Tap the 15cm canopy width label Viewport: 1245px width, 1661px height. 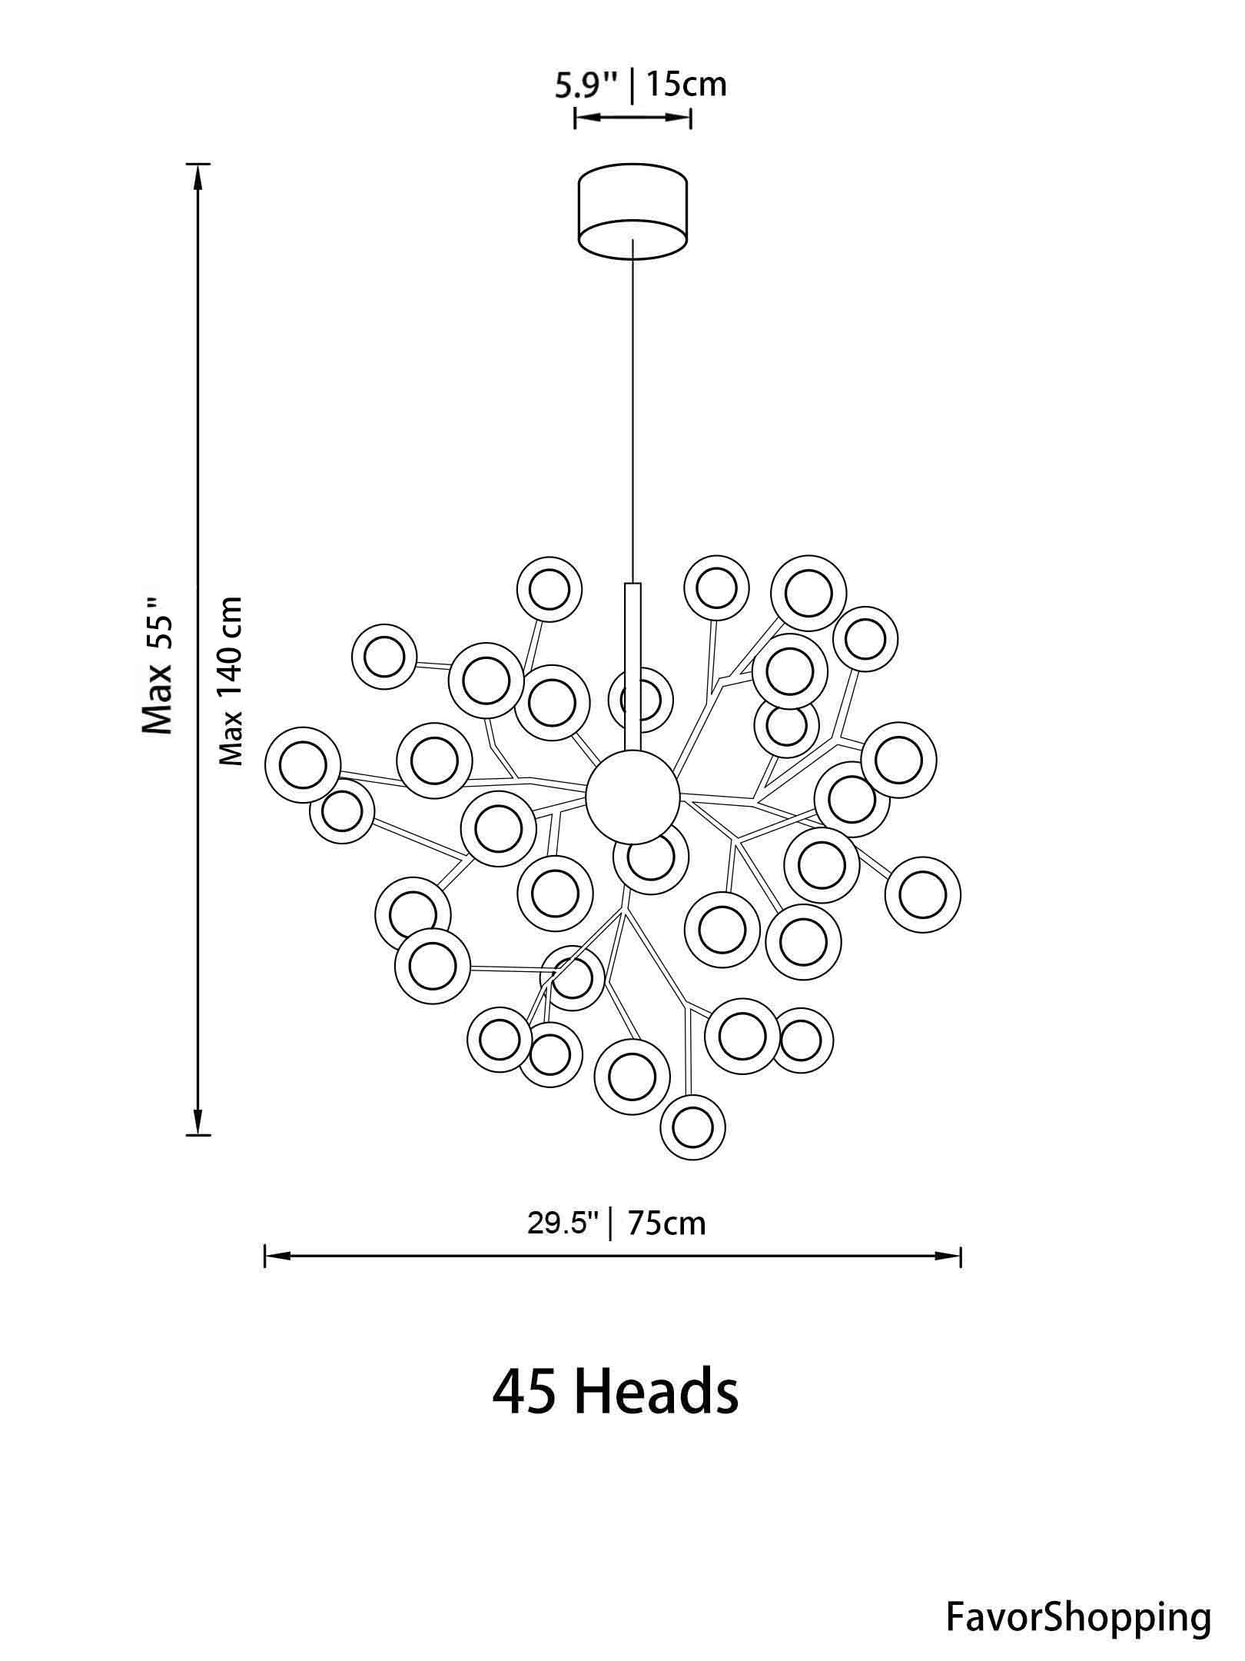[x=686, y=84]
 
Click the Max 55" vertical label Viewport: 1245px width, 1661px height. [x=159, y=666]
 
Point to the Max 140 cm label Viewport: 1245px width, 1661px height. [x=231, y=681]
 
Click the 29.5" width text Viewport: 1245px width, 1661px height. [x=563, y=1223]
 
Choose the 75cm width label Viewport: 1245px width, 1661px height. [x=666, y=1223]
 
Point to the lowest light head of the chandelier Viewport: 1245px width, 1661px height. [x=692, y=1127]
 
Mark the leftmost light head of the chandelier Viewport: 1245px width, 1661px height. [x=302, y=764]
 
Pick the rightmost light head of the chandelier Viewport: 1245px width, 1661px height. [x=922, y=895]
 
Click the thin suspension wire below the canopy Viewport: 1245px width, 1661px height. [x=632, y=408]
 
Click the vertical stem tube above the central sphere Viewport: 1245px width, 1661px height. [x=632, y=661]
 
